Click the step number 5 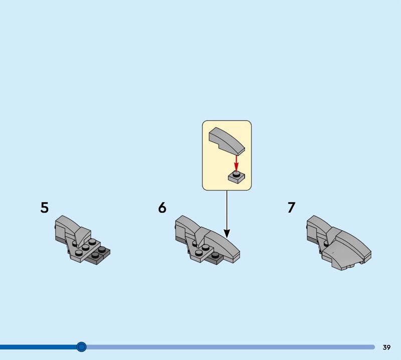44,208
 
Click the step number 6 162,208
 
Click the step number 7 292,208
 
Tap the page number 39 386,347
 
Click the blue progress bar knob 81,347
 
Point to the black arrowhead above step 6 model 227,233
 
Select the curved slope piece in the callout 227,141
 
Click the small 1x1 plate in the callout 236,177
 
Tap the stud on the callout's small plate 236,174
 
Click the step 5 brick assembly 83,240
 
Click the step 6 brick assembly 208,240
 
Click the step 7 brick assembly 339,243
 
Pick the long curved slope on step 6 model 222,246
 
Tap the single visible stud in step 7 326,244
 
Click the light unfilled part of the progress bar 231,347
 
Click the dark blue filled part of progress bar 38,347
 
